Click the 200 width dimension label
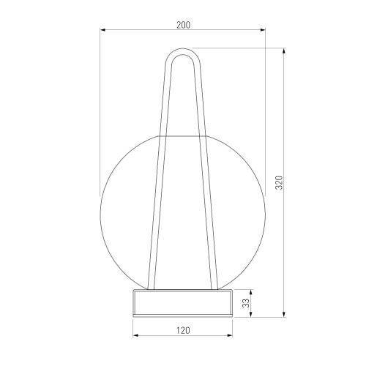pyautogui.click(x=183, y=25)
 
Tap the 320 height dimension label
pyautogui.click(x=279, y=182)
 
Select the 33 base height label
pyautogui.click(x=247, y=303)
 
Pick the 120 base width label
pyautogui.click(x=183, y=330)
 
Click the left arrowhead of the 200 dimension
pyautogui.click(x=102, y=30)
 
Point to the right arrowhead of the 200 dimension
pyautogui.click(x=263, y=30)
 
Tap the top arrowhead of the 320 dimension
pyautogui.click(x=284, y=51)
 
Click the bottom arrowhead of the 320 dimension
pyautogui.click(x=284, y=315)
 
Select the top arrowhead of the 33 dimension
pyautogui.click(x=251, y=292)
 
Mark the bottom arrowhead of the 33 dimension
pyautogui.click(x=251, y=315)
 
